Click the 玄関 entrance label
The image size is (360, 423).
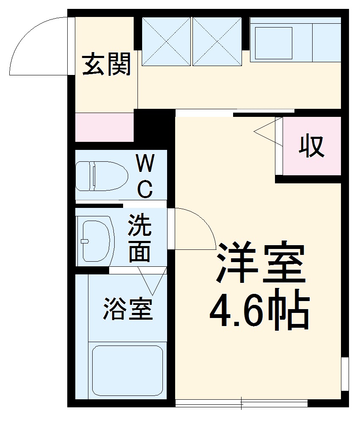[x=106, y=64]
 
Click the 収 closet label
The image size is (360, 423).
[x=312, y=146]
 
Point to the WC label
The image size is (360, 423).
[x=145, y=176]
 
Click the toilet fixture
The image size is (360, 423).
[x=102, y=175]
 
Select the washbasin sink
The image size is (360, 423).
[x=96, y=240]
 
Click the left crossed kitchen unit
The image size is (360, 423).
[x=166, y=41]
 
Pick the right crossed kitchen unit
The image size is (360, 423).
[x=217, y=41]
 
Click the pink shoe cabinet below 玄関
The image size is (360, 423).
[x=104, y=127]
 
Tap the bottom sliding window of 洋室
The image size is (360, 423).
[x=241, y=402]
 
